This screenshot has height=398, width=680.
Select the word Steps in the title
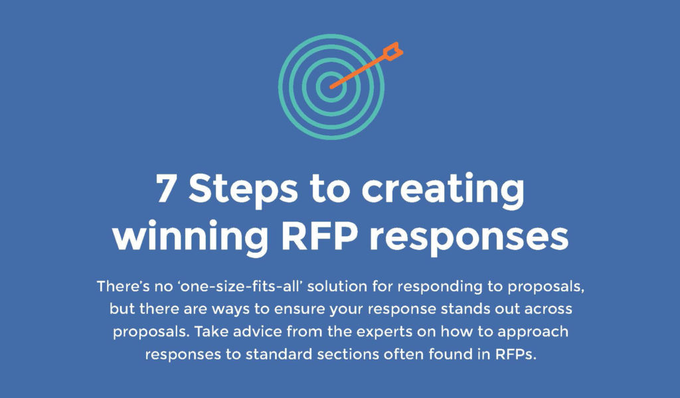pos(243,190)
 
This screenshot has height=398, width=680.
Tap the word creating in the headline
pos(443,190)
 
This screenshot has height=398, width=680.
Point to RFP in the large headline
pos(320,236)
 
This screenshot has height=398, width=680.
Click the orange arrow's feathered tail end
pos(394,50)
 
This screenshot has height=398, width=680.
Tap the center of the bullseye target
pos(331,87)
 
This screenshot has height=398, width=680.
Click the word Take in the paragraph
pos(210,331)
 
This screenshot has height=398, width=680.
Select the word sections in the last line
pos(348,354)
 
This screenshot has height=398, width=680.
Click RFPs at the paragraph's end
pos(515,354)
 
